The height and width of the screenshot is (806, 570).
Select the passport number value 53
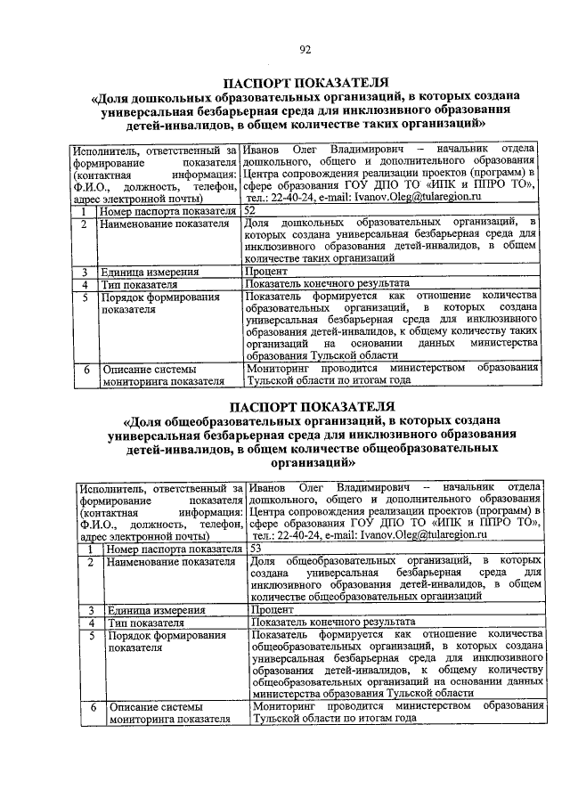tap(256, 550)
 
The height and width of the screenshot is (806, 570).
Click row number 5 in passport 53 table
tap(89, 635)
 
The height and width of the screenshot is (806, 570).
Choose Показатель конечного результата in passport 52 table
tap(327, 282)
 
